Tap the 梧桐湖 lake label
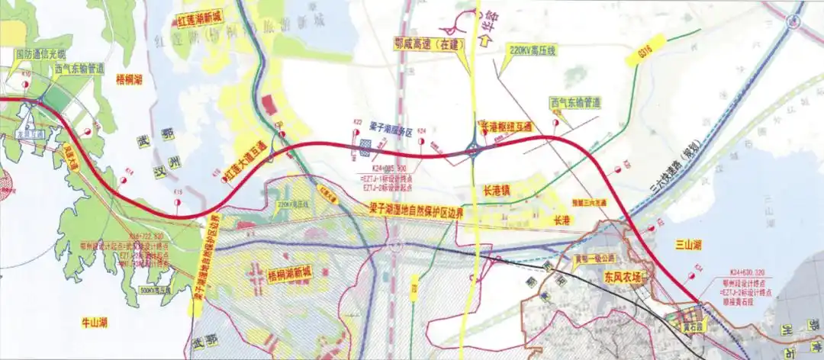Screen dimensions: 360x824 130,79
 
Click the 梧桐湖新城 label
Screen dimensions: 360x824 291,273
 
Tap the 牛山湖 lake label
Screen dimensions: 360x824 94,323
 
